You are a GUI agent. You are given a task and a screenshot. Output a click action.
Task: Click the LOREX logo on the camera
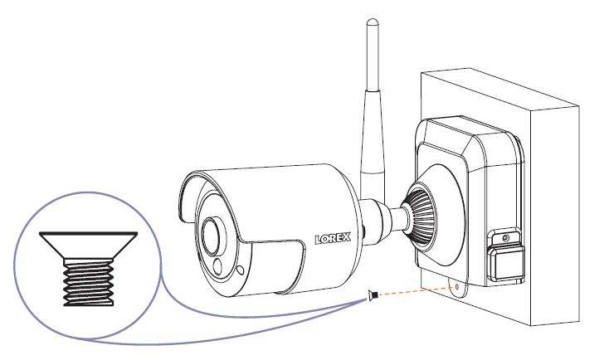(x=333, y=238)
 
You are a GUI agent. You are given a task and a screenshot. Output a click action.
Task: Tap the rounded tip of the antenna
(x=372, y=22)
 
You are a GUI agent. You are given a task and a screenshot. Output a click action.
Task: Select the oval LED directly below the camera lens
(x=217, y=267)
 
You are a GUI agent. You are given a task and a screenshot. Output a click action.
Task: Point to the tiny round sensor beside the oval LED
(x=241, y=270)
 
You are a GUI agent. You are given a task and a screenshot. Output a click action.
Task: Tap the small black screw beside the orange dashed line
(x=372, y=295)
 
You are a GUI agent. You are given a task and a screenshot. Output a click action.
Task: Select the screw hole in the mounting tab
(x=456, y=287)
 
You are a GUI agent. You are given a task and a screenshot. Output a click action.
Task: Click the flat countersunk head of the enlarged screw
(x=89, y=246)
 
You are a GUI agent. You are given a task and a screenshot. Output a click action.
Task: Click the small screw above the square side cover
(x=504, y=238)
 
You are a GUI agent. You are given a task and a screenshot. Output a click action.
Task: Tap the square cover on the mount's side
(x=507, y=263)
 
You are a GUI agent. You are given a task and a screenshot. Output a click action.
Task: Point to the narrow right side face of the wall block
(x=555, y=214)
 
